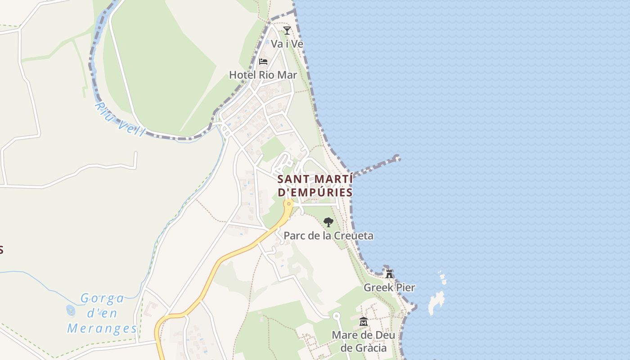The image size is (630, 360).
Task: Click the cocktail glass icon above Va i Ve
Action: pyautogui.click(x=287, y=31)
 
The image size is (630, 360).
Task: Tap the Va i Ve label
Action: pyautogui.click(x=287, y=44)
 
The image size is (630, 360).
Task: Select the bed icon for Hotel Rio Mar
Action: pyautogui.click(x=263, y=61)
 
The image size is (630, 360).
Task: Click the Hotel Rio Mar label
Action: pyautogui.click(x=263, y=75)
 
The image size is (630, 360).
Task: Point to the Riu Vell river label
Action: pyautogui.click(x=120, y=119)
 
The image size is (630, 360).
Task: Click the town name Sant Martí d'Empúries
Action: pyautogui.click(x=315, y=185)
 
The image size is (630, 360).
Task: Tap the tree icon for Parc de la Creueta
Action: pyautogui.click(x=328, y=222)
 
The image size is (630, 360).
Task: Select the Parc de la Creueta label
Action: pyautogui.click(x=328, y=236)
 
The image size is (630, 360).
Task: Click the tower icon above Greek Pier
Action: pyautogui.click(x=389, y=274)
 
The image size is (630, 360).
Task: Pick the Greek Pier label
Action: pyautogui.click(x=389, y=288)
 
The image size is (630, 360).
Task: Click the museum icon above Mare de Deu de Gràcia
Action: pyautogui.click(x=363, y=322)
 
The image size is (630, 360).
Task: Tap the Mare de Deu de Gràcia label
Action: pyautogui.click(x=363, y=342)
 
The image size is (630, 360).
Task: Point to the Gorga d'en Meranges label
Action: pyautogui.click(x=103, y=313)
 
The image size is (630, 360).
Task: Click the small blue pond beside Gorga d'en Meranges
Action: pyautogui.click(x=71, y=310)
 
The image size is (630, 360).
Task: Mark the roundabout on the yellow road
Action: pyautogui.click(x=288, y=204)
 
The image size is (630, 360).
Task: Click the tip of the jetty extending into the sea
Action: pyautogui.click(x=396, y=158)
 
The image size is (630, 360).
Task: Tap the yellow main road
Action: pyautogui.click(x=216, y=270)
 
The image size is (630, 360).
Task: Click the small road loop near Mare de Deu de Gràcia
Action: pyautogui.click(x=336, y=316)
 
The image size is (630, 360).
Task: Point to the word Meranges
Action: pyautogui.click(x=102, y=328)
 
